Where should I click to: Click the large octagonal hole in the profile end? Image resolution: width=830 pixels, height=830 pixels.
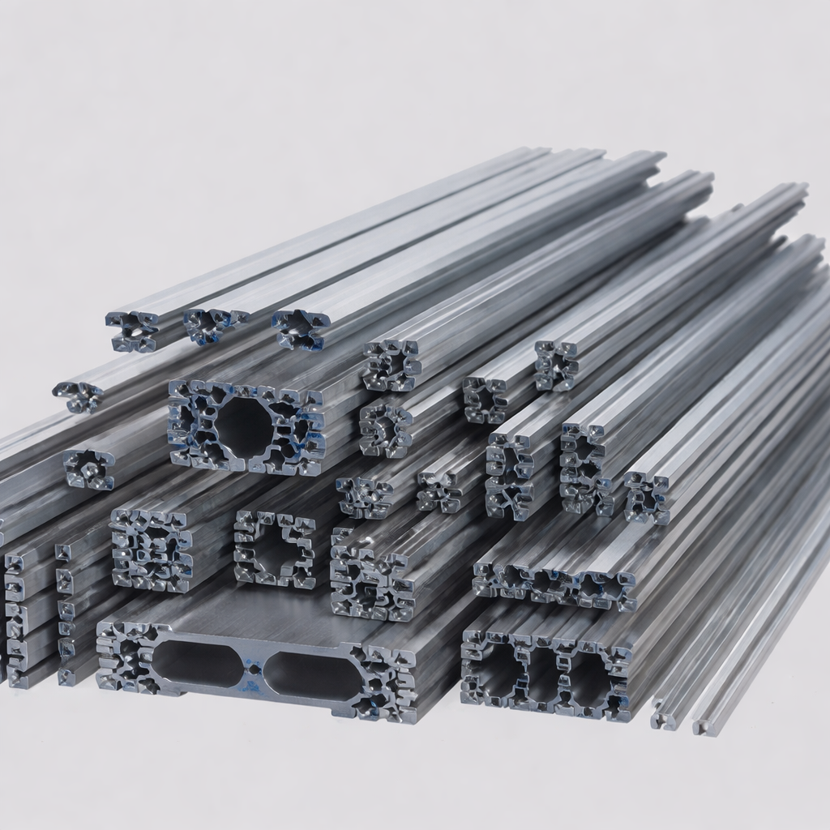pyautogui.click(x=242, y=426)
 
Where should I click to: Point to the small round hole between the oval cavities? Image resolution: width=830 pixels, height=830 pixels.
pyautogui.click(x=254, y=669)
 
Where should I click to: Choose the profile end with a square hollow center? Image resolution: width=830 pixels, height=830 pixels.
pyautogui.click(x=275, y=548)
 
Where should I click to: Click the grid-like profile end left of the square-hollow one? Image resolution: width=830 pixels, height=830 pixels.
pyautogui.click(x=151, y=550)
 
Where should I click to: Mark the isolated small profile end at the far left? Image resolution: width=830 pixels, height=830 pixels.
pyautogui.click(x=79, y=396)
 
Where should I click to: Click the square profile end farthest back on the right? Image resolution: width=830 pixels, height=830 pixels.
pyautogui.click(x=557, y=366)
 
